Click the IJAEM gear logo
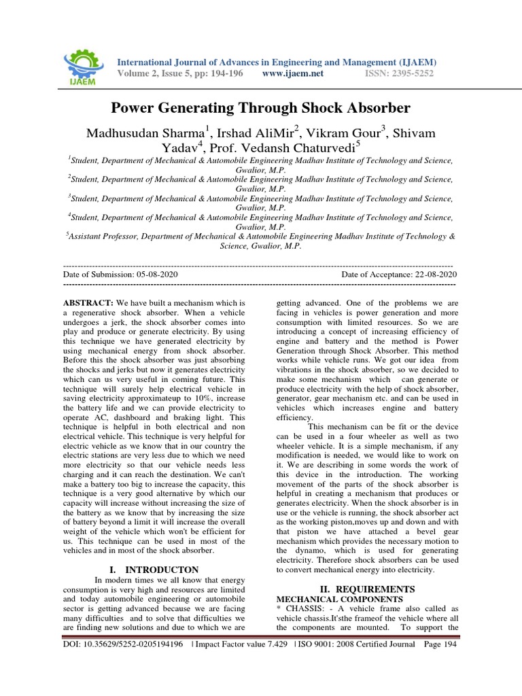click(x=82, y=65)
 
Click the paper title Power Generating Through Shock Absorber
click(x=260, y=108)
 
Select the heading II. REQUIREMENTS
click(x=367, y=588)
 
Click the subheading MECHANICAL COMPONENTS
click(x=340, y=599)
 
